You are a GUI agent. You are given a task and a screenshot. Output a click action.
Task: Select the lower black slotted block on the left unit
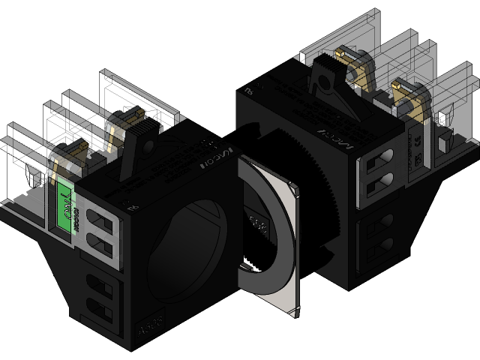(x=101, y=296)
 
